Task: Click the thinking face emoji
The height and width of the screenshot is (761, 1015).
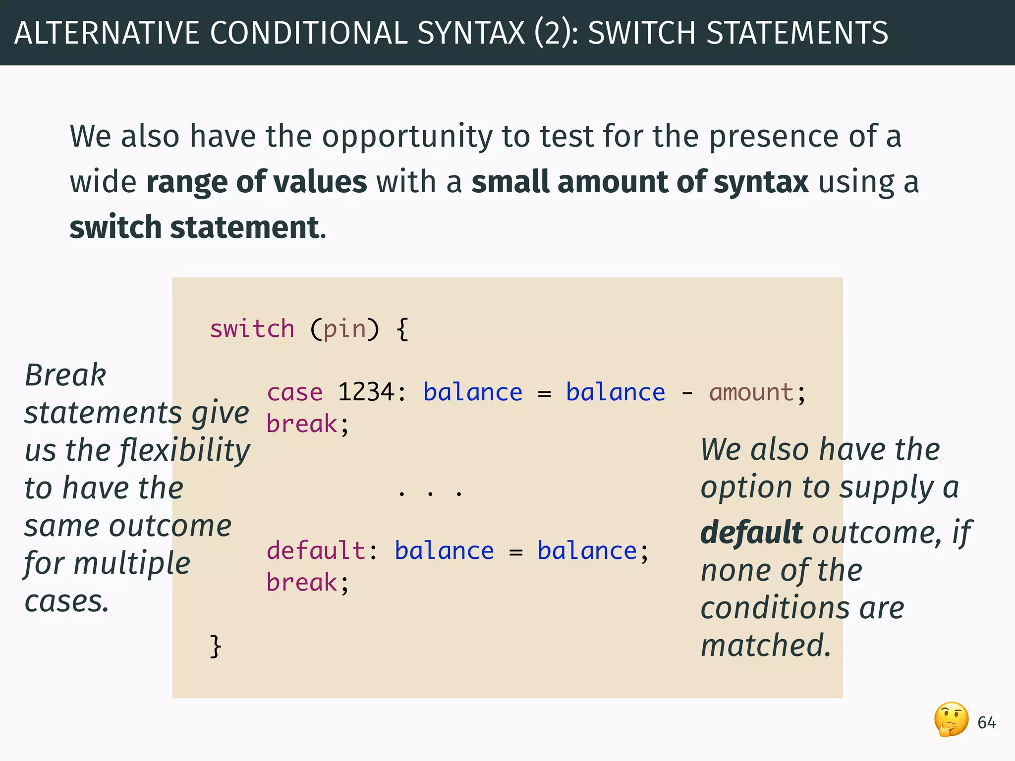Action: click(951, 719)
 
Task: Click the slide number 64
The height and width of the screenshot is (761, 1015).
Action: click(986, 723)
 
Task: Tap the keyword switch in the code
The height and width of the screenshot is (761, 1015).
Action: click(252, 329)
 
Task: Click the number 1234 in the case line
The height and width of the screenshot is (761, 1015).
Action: click(366, 392)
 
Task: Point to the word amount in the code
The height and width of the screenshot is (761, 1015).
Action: click(751, 393)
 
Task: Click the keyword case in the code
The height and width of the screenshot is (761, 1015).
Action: click(294, 393)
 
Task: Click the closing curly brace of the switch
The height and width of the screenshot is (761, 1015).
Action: click(215, 646)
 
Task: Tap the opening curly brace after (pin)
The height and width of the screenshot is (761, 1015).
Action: click(402, 329)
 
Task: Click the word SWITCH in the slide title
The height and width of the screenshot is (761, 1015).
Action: click(641, 33)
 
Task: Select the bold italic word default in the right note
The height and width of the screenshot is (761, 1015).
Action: click(751, 533)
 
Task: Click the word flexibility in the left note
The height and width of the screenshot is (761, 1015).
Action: click(185, 451)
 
